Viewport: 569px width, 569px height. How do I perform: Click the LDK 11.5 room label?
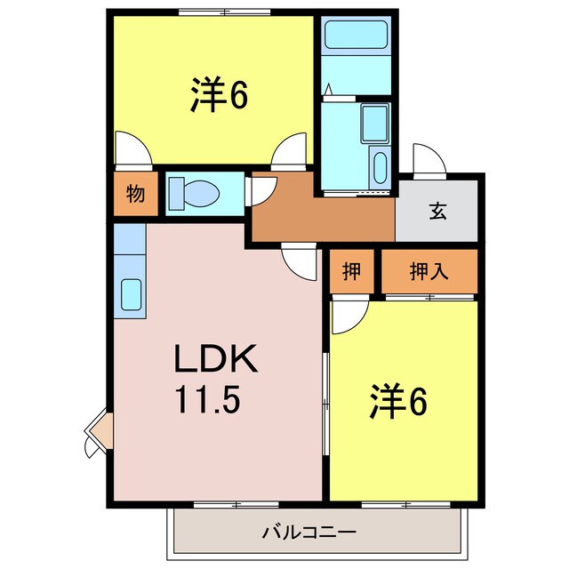point(215,379)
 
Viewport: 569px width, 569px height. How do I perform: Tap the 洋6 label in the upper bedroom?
point(218,96)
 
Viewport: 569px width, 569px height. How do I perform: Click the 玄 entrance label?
point(437,212)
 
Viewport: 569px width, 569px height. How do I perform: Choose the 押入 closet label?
point(429,272)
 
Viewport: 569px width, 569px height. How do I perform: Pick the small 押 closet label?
point(352,272)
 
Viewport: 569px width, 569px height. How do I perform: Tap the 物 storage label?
point(135,195)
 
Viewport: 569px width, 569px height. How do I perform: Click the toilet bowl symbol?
point(196,193)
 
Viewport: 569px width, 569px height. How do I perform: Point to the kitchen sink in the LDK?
point(131,293)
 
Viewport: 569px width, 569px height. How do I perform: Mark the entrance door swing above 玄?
point(426,159)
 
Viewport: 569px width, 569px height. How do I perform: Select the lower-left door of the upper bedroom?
point(128,149)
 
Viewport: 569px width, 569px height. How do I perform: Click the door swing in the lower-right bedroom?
point(348,316)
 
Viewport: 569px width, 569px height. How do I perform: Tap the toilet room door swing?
point(260,188)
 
